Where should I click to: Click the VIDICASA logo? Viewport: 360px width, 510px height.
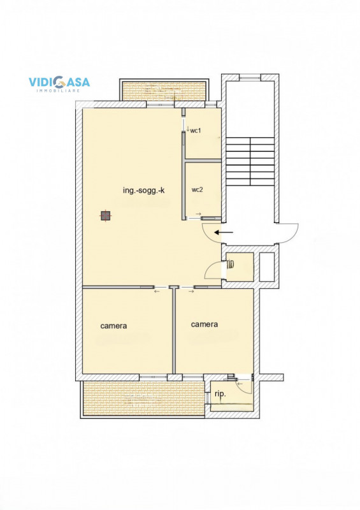point(59,84)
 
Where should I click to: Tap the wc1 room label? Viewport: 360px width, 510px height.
point(196,131)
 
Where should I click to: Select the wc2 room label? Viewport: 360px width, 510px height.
point(197,189)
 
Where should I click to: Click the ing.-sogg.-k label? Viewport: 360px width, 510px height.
point(144,190)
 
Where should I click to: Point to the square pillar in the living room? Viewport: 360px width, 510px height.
point(105,216)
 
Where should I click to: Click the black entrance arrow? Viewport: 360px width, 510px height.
point(224,232)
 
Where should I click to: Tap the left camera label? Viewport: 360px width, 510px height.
point(113,326)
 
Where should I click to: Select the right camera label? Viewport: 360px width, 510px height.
point(205,324)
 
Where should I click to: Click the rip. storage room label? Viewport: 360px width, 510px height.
point(220,394)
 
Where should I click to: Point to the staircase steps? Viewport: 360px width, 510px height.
point(250,161)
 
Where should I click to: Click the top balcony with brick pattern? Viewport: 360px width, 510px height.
point(164,91)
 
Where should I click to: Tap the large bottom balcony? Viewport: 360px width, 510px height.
point(144,398)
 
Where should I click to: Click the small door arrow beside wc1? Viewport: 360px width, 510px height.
point(187,129)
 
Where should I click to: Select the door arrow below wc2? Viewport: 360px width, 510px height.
point(198,214)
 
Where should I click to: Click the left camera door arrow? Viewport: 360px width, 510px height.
point(157,291)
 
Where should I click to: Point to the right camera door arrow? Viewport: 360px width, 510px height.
point(191,291)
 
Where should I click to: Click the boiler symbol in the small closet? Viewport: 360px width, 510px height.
point(231,263)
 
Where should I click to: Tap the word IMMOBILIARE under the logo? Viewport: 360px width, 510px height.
point(58,91)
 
